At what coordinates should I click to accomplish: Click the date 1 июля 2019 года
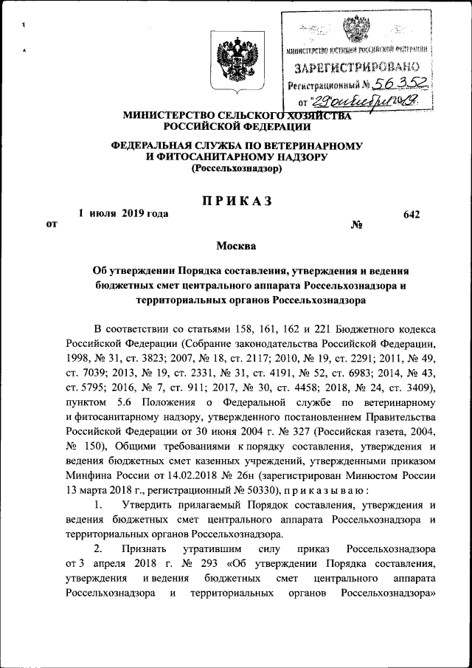[123, 214]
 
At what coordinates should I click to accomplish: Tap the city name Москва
[236, 245]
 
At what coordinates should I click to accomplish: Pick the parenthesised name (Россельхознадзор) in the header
[236, 169]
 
